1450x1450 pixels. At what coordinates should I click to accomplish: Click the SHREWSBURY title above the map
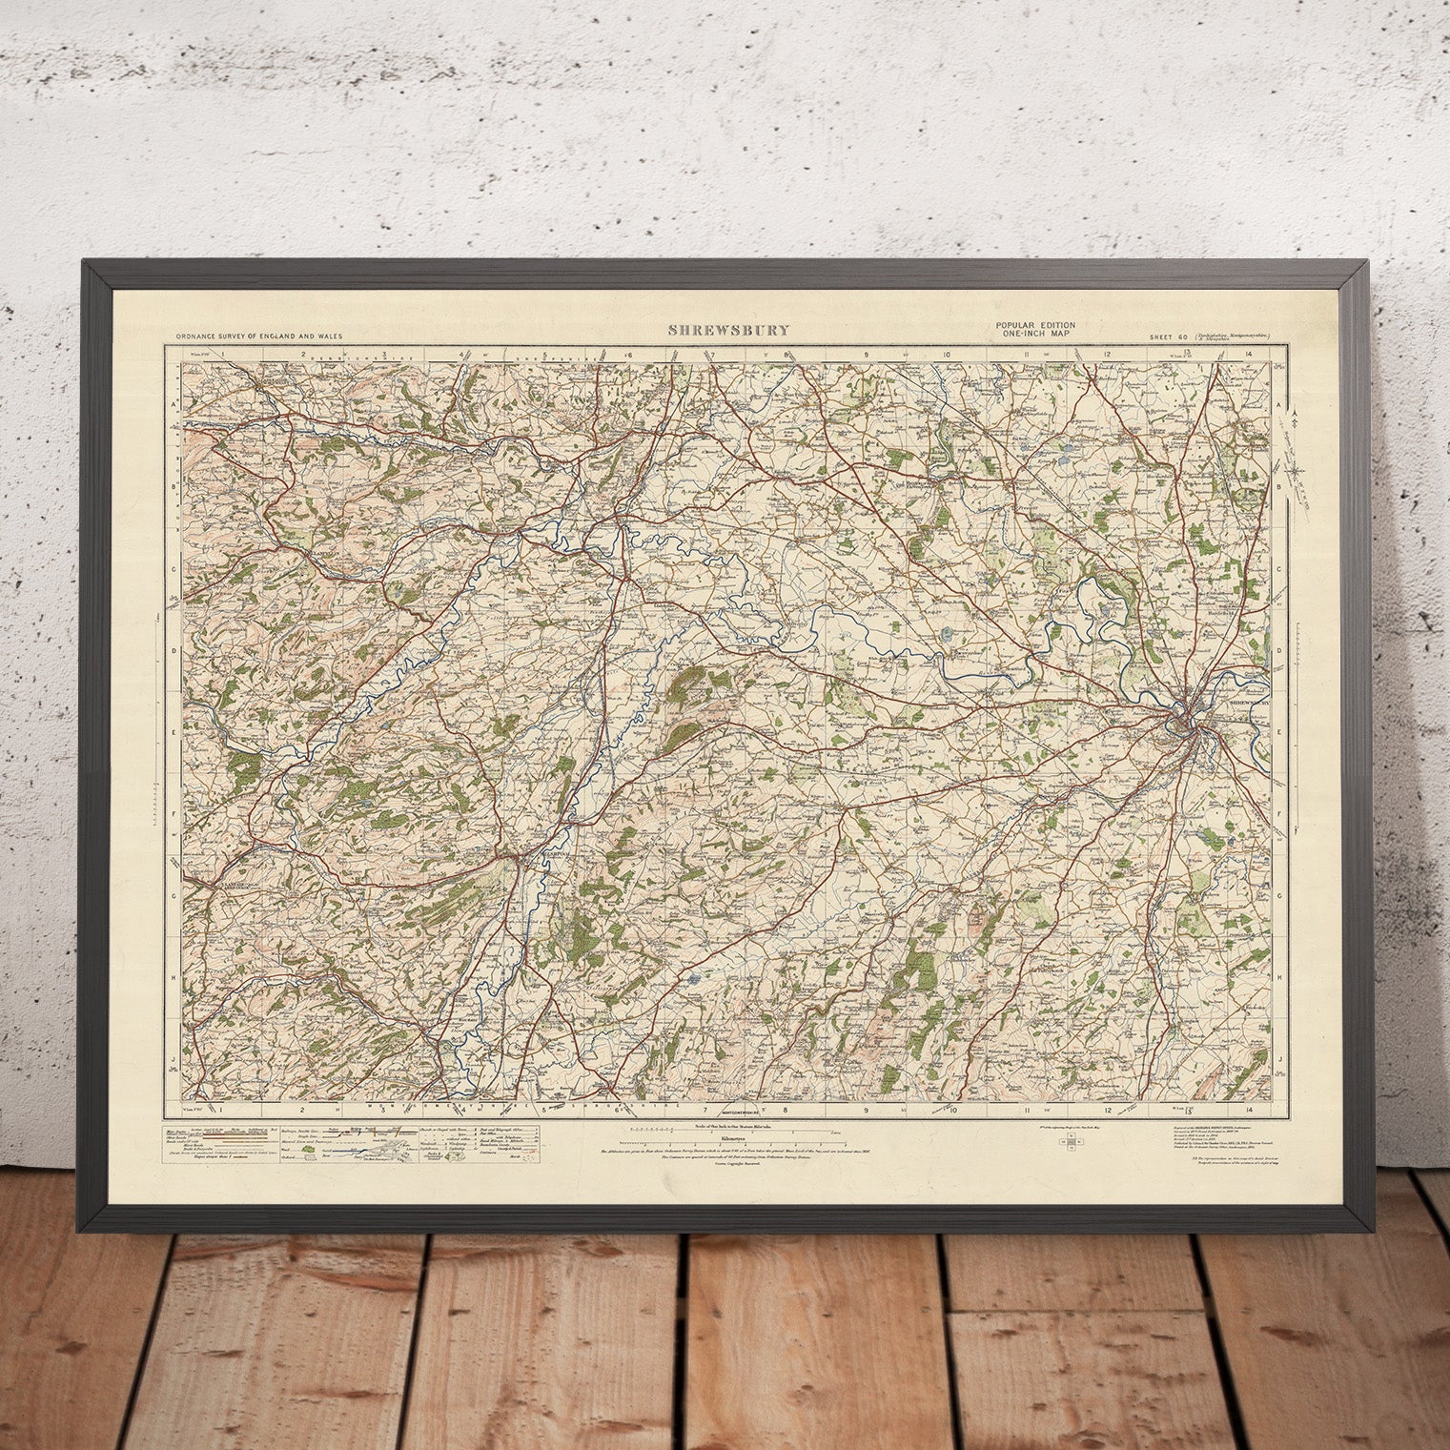coord(729,331)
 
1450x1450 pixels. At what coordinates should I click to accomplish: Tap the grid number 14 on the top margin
coord(1248,354)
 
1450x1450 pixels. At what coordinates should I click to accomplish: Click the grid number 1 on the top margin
coord(220,354)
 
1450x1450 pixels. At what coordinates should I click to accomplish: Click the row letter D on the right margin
coord(1278,649)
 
